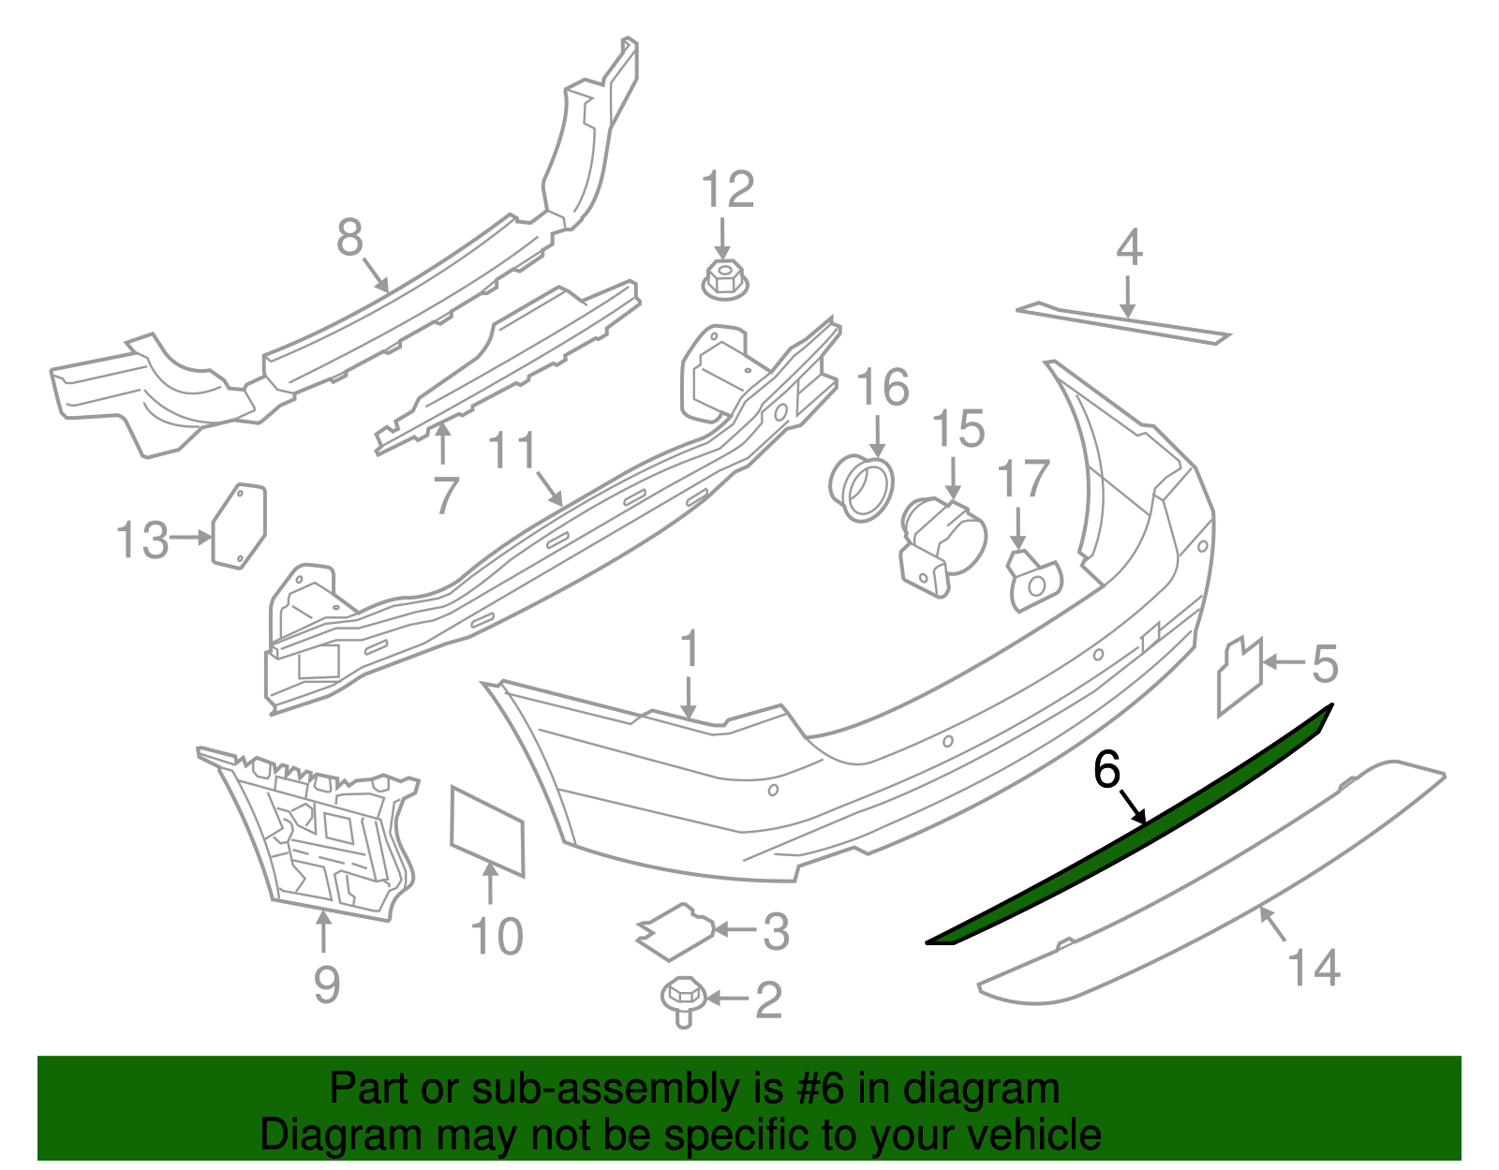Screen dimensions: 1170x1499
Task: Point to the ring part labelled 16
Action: [860, 487]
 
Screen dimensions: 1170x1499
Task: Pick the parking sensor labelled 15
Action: [942, 543]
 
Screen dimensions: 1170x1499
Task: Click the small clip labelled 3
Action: [675, 931]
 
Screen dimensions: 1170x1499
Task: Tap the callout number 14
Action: [1313, 967]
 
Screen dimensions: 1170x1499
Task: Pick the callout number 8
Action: [349, 237]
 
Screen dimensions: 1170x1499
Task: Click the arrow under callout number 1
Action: [690, 697]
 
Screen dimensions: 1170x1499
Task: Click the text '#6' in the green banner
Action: [821, 1089]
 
